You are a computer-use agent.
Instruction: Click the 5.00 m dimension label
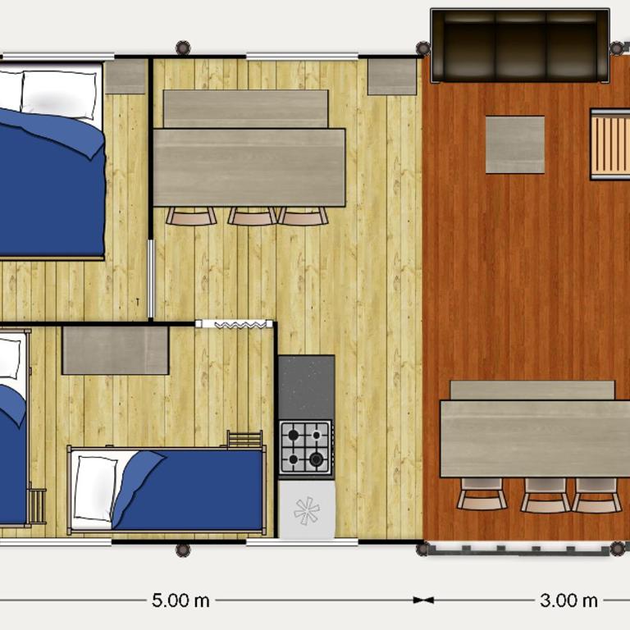(180, 600)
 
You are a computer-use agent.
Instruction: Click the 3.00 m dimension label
(568, 600)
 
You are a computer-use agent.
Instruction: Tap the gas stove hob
(306, 447)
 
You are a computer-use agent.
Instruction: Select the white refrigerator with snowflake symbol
(307, 509)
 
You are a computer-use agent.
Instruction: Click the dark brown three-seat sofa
(520, 45)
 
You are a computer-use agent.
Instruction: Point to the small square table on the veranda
(515, 144)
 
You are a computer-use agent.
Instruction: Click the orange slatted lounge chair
(610, 144)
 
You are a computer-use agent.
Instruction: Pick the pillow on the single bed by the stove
(95, 488)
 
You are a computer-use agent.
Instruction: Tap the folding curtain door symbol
(235, 324)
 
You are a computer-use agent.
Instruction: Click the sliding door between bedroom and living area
(151, 279)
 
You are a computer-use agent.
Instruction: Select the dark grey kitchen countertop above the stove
(306, 387)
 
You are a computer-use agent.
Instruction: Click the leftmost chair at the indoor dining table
(191, 217)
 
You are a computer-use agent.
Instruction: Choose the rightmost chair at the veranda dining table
(596, 495)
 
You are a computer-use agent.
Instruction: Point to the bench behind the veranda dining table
(532, 390)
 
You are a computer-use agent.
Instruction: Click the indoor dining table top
(249, 167)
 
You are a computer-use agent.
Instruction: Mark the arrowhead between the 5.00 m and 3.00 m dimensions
(423, 600)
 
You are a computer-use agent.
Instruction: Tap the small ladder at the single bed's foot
(244, 439)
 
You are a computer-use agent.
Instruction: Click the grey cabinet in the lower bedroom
(116, 350)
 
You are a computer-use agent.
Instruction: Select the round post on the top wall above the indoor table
(183, 48)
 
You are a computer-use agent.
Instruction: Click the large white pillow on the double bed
(59, 95)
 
